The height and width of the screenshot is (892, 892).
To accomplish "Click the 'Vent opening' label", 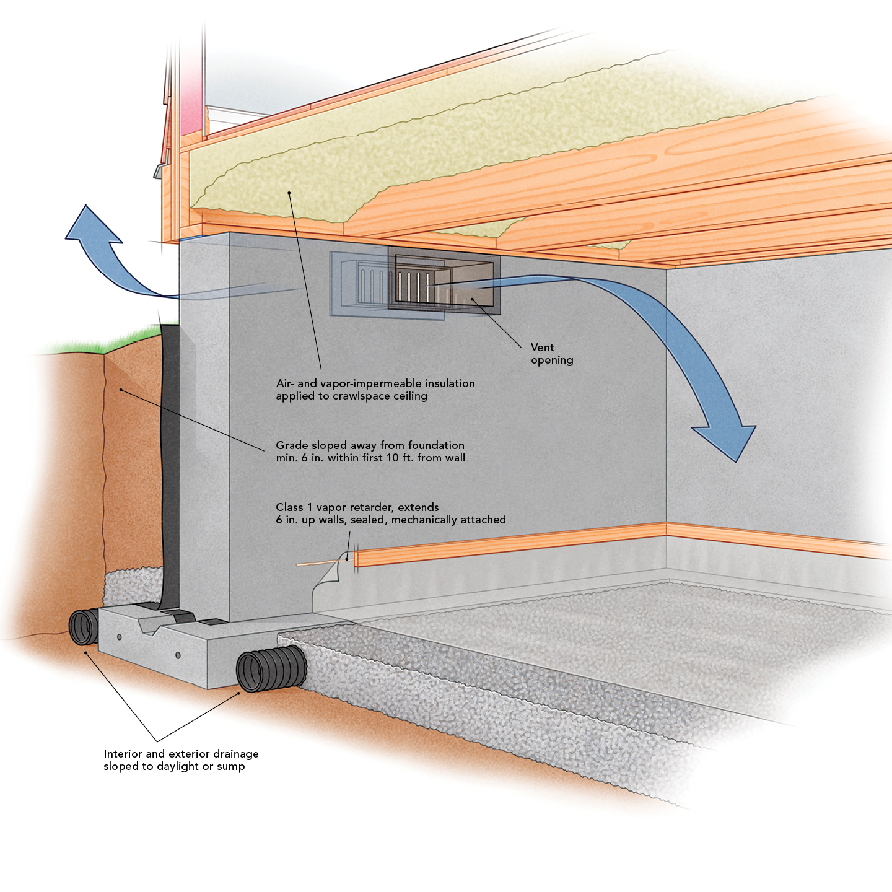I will [551, 354].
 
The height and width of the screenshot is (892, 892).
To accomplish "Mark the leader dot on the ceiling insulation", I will [289, 193].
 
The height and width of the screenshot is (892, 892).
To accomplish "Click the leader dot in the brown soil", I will [121, 390].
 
